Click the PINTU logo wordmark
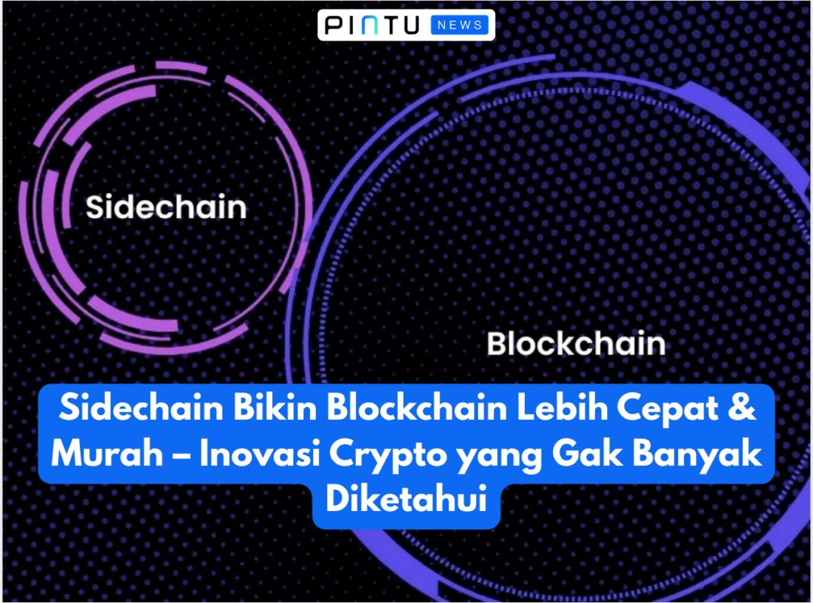[x=372, y=25]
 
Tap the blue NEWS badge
[x=459, y=25]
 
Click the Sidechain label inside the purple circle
[x=166, y=207]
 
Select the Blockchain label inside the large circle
[x=576, y=344]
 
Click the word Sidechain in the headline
[x=141, y=408]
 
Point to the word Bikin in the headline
[x=275, y=408]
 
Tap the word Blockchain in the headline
[x=416, y=408]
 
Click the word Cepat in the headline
[x=668, y=409]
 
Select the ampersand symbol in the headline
[x=742, y=408]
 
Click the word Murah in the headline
[x=107, y=454]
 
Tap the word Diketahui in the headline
[x=406, y=498]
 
